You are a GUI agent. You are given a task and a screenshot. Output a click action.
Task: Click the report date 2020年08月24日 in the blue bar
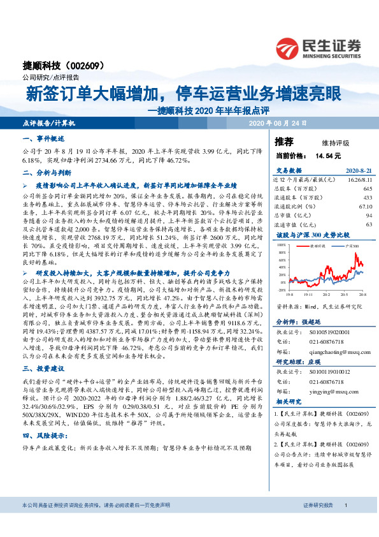(277, 122)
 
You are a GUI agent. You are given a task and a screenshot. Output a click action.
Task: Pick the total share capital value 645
(367, 189)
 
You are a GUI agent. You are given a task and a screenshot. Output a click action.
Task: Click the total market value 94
(369, 216)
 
